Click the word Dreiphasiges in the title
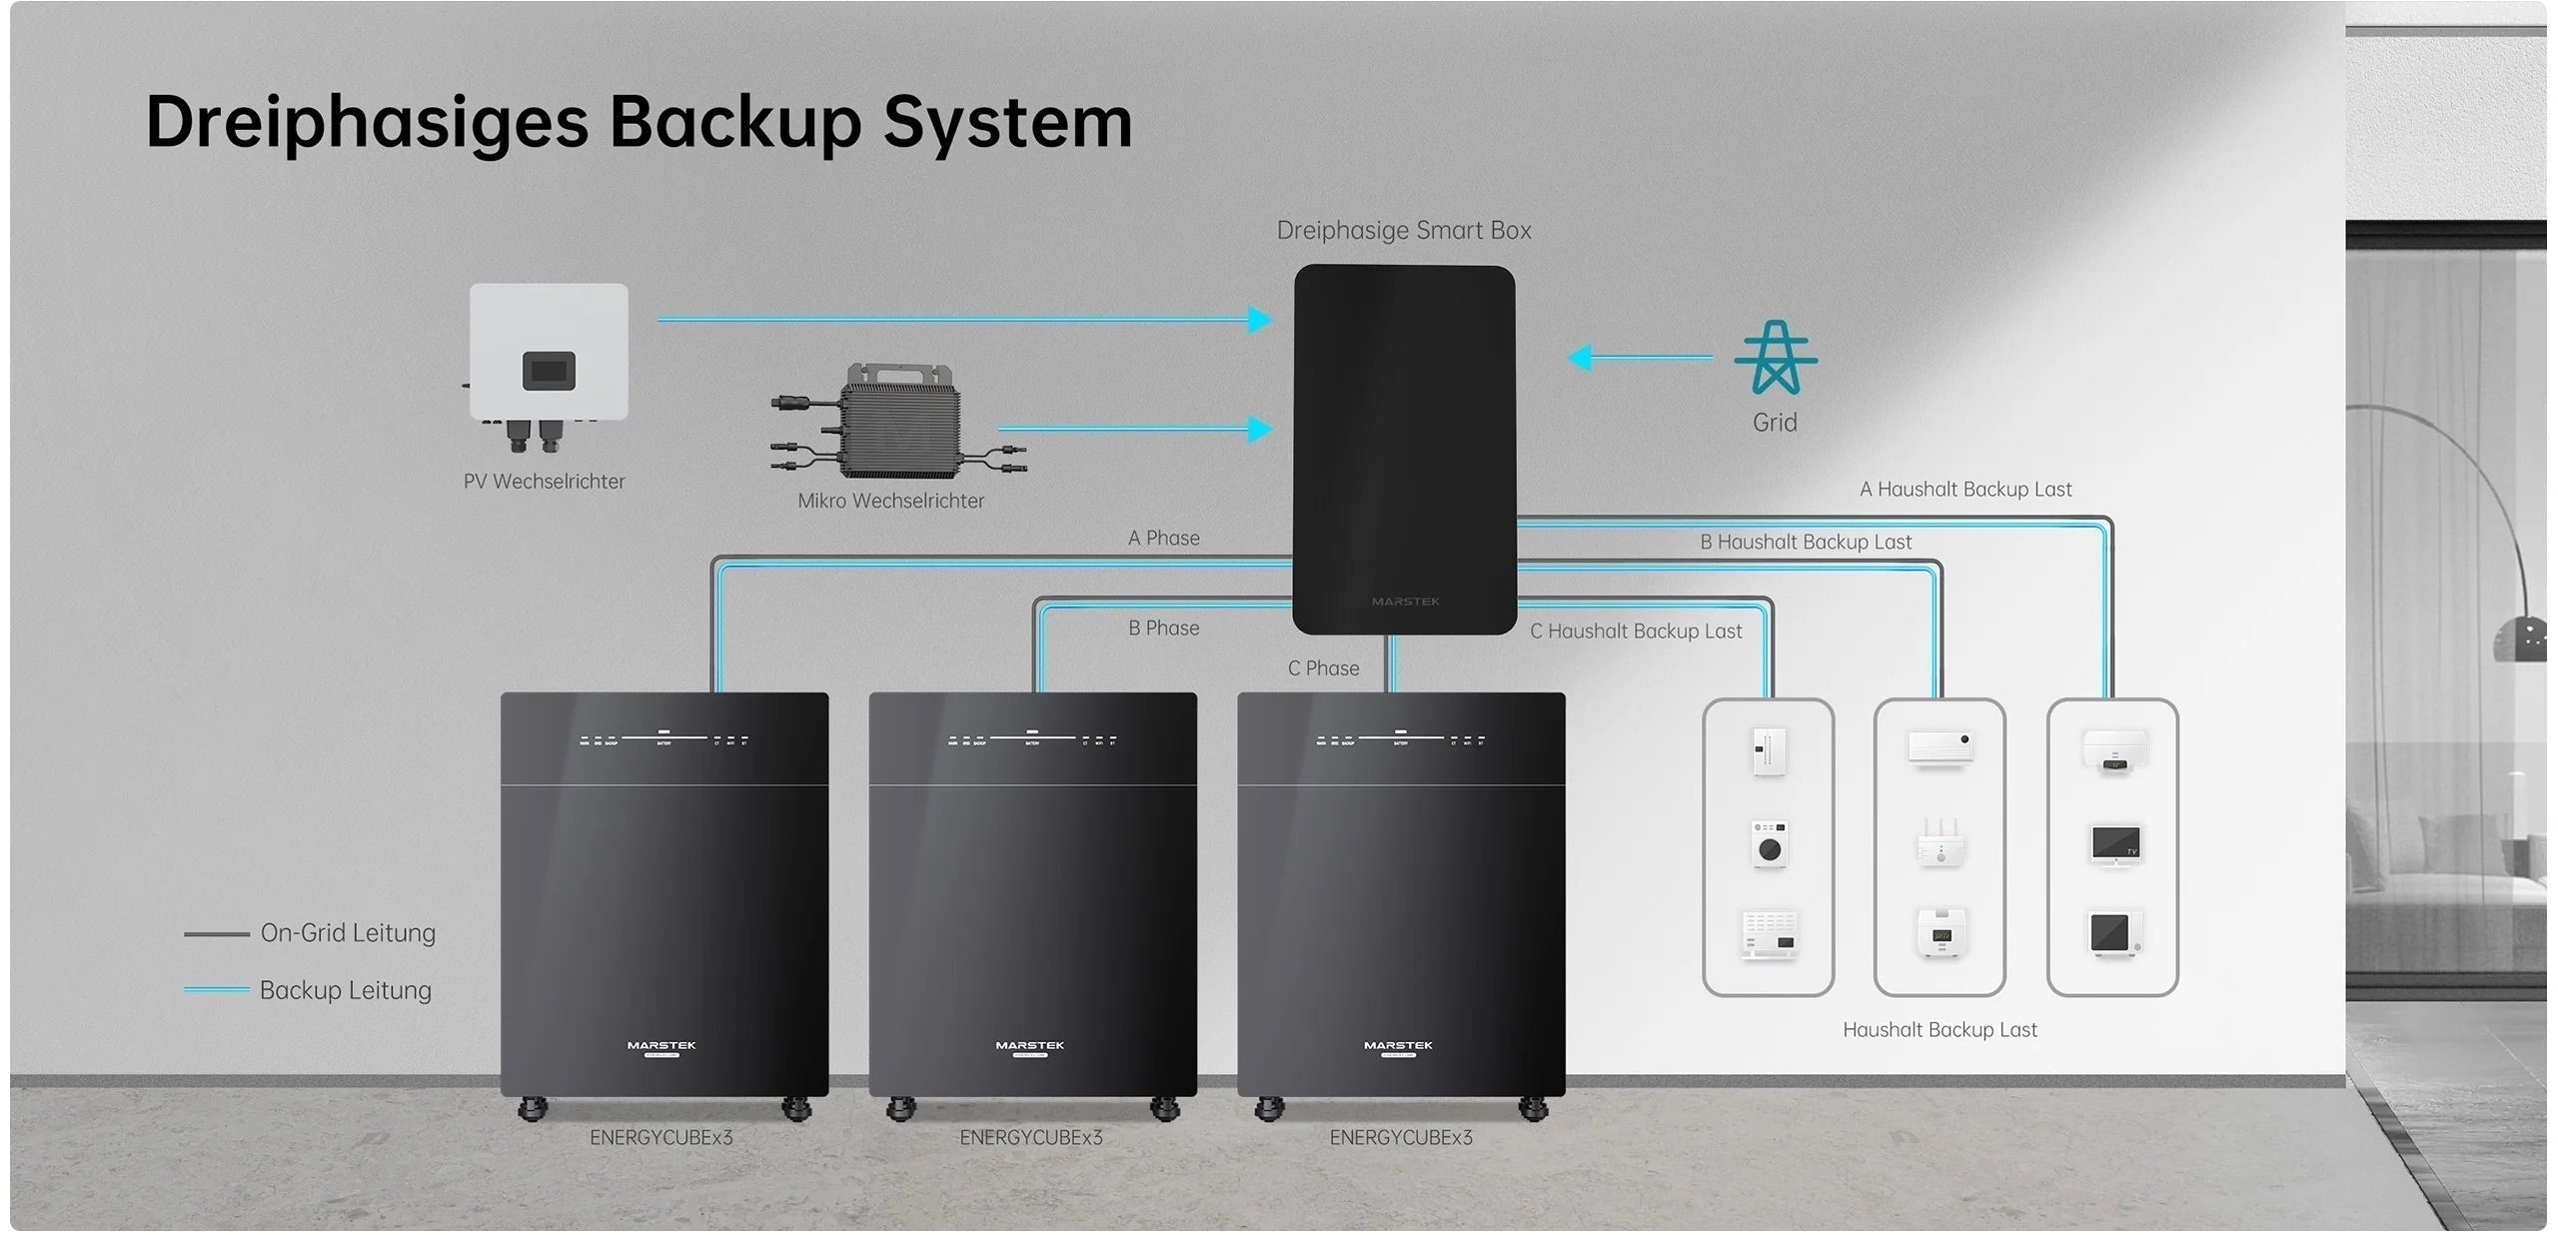click(367, 123)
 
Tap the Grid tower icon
click(1775, 358)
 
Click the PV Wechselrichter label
click(544, 482)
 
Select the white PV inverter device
click(549, 355)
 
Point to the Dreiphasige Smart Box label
click(1403, 231)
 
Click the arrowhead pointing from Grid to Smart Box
click(1581, 358)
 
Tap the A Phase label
click(1163, 539)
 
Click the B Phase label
click(1163, 628)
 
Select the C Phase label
click(1323, 668)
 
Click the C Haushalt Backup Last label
click(1635, 631)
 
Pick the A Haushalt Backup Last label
click(1964, 490)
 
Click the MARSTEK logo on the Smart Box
click(1405, 602)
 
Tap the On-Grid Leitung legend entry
click(347, 933)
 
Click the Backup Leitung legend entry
click(345, 990)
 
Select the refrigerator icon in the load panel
click(1768, 751)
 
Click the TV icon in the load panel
click(2114, 845)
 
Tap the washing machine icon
click(1769, 845)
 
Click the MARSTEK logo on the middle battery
click(1030, 1046)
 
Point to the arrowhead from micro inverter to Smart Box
click(1260, 430)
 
